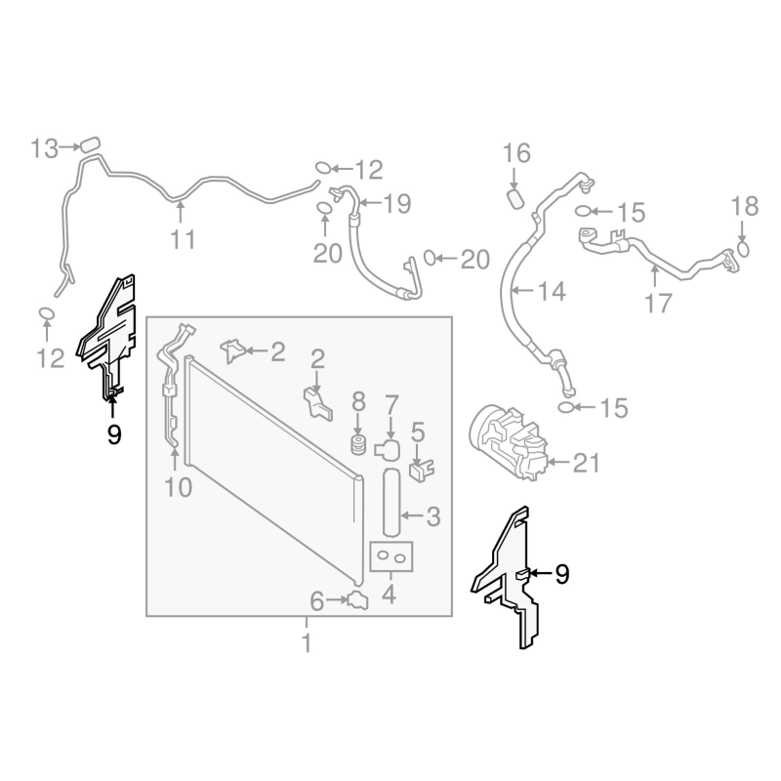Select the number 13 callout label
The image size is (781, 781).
pos(45,148)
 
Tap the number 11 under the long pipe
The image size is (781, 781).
pos(183,239)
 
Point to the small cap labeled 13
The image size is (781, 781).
pos(91,144)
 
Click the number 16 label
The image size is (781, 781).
pos(516,153)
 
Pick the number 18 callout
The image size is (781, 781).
pos(744,206)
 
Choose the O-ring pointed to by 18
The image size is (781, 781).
pos(744,248)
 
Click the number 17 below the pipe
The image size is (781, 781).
pos(659,303)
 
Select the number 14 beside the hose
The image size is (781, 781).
pos(552,291)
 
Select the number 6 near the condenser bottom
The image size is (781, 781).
pos(317,600)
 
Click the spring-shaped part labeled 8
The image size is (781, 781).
pos(358,447)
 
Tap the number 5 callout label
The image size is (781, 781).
pos(418,431)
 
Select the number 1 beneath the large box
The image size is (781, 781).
pos(307,643)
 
